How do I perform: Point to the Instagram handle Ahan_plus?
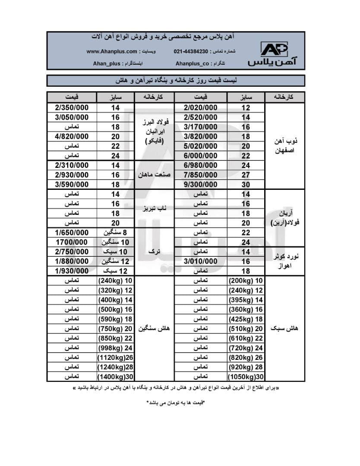point(107,63)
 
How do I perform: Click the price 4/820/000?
point(72,136)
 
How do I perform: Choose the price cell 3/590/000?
point(72,184)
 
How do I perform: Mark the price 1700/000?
point(72,242)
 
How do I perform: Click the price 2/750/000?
point(72,252)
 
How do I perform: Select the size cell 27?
point(246,175)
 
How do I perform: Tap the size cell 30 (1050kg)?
point(246,376)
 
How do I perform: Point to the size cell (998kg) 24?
point(116,348)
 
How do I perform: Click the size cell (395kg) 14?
point(246,300)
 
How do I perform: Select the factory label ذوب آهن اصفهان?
point(284,146)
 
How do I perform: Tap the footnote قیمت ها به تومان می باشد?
point(175,403)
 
